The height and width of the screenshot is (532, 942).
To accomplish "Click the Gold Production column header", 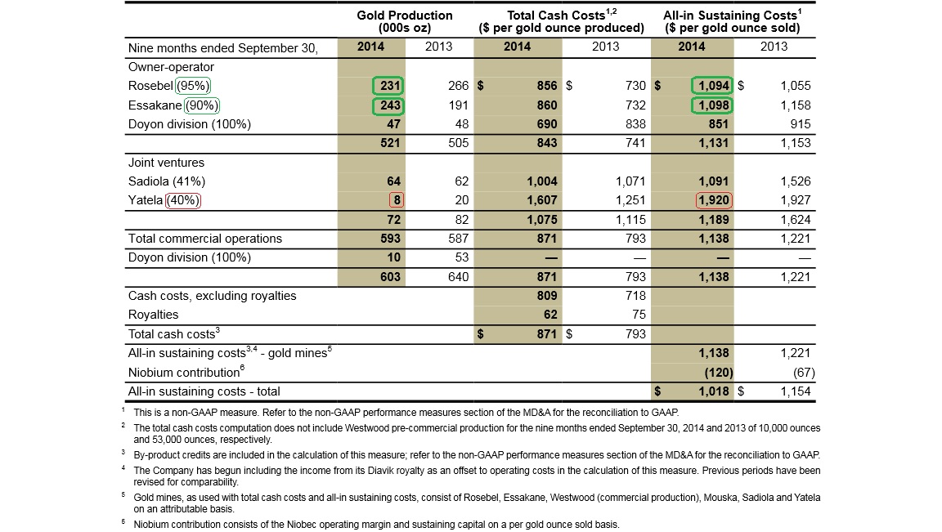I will point(404,21).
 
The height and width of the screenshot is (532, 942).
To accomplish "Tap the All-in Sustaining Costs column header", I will point(732,21).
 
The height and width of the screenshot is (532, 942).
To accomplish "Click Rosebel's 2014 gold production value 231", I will point(388,86).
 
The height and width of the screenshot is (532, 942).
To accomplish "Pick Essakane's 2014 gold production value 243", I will point(388,105).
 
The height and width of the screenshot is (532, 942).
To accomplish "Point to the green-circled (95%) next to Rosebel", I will point(195,86).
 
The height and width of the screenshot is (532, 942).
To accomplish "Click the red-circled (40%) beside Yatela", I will point(185,200).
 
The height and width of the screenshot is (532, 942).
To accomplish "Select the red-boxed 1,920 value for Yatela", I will point(712,200).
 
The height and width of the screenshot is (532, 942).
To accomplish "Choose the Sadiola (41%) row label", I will point(167,181).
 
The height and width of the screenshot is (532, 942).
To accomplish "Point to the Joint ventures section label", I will point(166,163).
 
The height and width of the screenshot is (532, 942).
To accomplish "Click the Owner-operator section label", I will point(171,67).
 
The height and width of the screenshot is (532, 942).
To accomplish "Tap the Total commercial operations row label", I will point(205,239).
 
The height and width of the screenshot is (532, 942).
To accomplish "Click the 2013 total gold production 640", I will point(458,277).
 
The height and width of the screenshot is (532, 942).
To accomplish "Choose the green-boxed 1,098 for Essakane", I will point(712,105).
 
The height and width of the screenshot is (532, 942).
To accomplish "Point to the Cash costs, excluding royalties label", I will point(212,296).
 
